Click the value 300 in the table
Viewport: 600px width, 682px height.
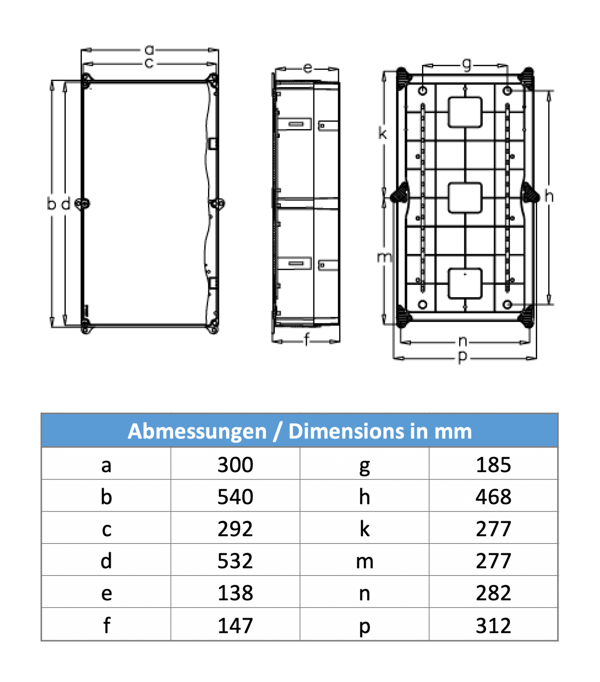click(x=235, y=465)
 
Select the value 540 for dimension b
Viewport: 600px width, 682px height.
click(x=235, y=497)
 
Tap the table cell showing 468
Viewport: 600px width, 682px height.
click(x=493, y=497)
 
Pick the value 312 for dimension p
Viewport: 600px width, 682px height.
click(x=493, y=626)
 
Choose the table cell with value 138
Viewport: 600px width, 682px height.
click(x=235, y=593)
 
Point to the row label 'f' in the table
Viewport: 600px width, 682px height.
click(x=106, y=626)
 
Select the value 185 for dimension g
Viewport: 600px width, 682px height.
click(x=493, y=465)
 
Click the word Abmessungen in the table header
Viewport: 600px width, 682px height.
click(x=197, y=431)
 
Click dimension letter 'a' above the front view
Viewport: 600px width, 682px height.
click(x=149, y=50)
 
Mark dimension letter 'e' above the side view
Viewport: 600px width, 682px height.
click(x=308, y=68)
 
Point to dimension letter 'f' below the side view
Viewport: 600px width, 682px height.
click(x=306, y=339)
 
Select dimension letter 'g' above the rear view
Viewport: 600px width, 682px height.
click(x=467, y=64)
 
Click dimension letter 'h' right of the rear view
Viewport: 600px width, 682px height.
click(x=549, y=196)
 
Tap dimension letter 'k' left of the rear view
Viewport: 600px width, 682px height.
click(x=382, y=133)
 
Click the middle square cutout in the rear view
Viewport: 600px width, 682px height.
click(x=465, y=198)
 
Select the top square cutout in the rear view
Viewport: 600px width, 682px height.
click(x=465, y=112)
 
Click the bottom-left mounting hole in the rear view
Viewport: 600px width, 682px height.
click(x=422, y=305)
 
